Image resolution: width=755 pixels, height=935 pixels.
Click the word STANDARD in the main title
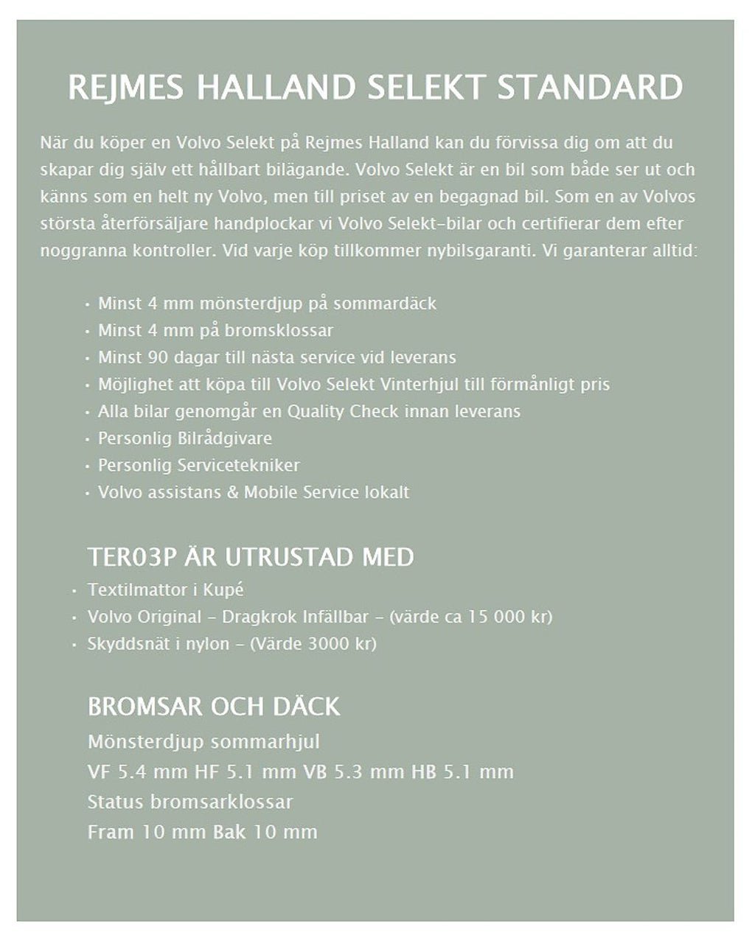coord(590,88)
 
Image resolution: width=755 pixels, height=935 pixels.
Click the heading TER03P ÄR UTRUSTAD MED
coord(251,557)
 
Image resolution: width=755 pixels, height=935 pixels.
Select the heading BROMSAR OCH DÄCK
coord(214,707)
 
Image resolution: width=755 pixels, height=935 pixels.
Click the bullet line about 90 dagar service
coord(276,357)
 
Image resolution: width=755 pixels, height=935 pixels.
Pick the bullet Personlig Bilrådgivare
coord(184,438)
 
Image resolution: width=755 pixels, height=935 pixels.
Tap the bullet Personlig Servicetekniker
coord(198,466)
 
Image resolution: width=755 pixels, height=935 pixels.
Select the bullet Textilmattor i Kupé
coord(165,590)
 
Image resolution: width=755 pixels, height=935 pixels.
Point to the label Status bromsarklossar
coord(190,802)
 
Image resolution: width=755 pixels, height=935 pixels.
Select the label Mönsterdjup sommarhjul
coord(203,742)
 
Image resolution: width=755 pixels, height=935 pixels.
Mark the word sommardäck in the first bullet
coord(390,304)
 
